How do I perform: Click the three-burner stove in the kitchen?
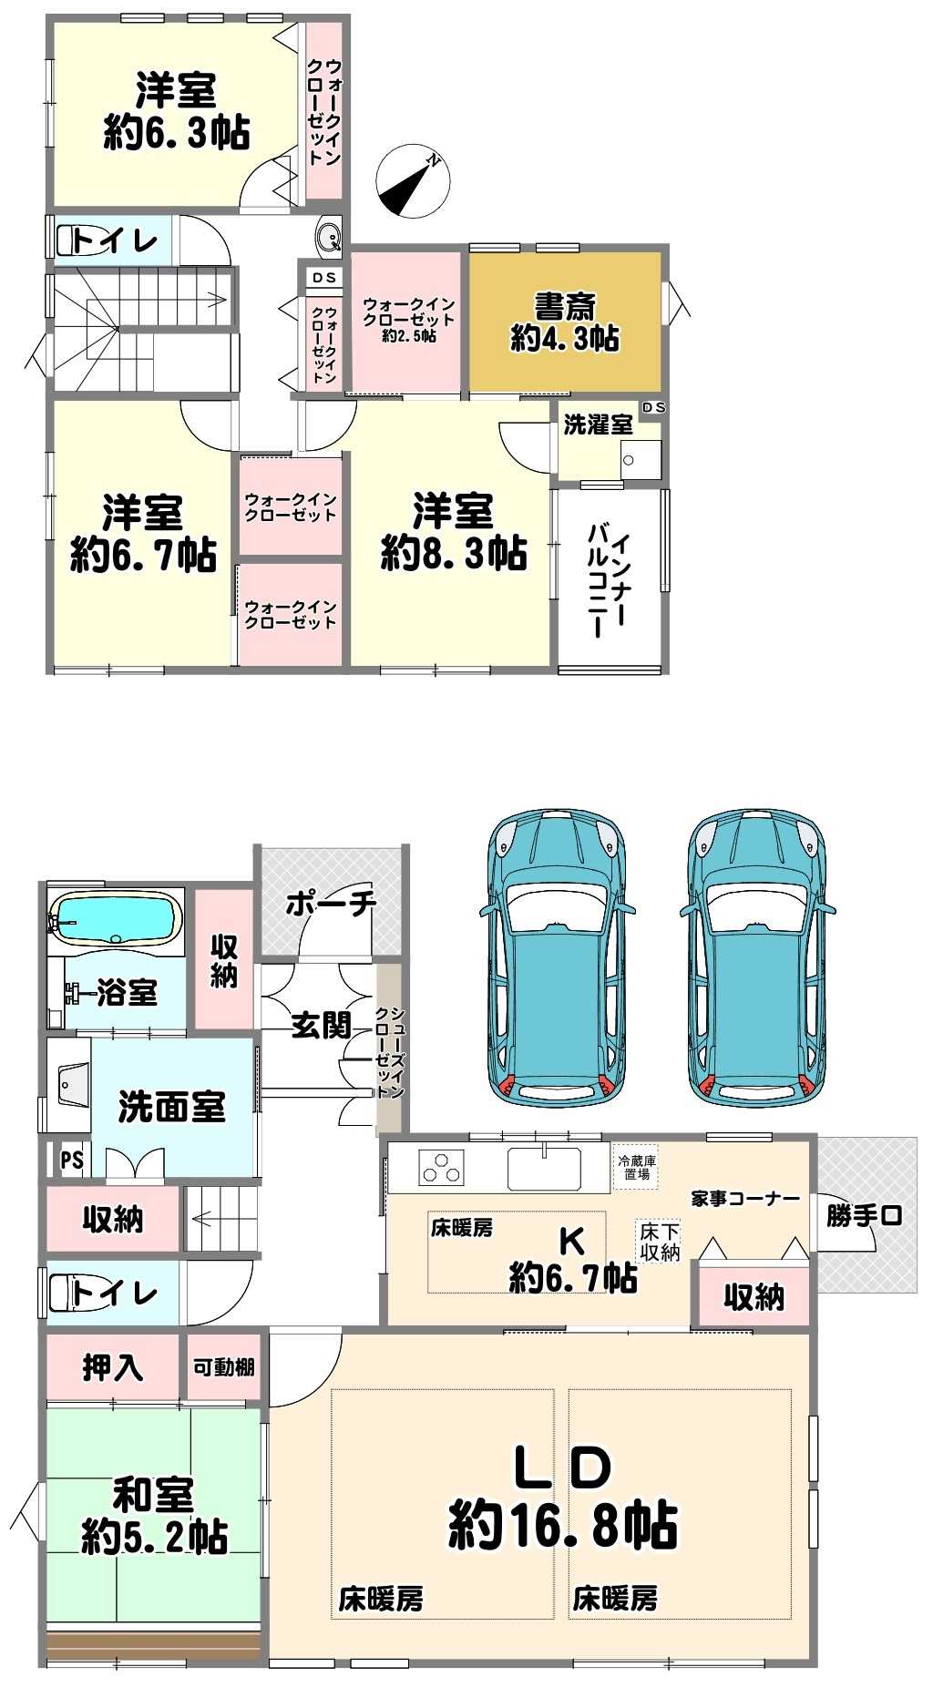(x=442, y=1168)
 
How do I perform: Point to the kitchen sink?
(x=544, y=1168)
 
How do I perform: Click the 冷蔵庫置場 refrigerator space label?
(x=637, y=1167)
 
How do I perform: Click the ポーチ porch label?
(x=331, y=903)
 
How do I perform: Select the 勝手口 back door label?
(x=865, y=1214)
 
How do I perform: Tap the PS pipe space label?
(x=72, y=1161)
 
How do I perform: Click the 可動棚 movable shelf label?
(x=224, y=1367)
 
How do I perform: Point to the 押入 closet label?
(x=113, y=1367)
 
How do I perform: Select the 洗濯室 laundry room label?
(x=598, y=424)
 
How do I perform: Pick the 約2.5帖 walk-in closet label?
(x=409, y=336)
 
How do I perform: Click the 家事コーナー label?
(x=745, y=1199)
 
